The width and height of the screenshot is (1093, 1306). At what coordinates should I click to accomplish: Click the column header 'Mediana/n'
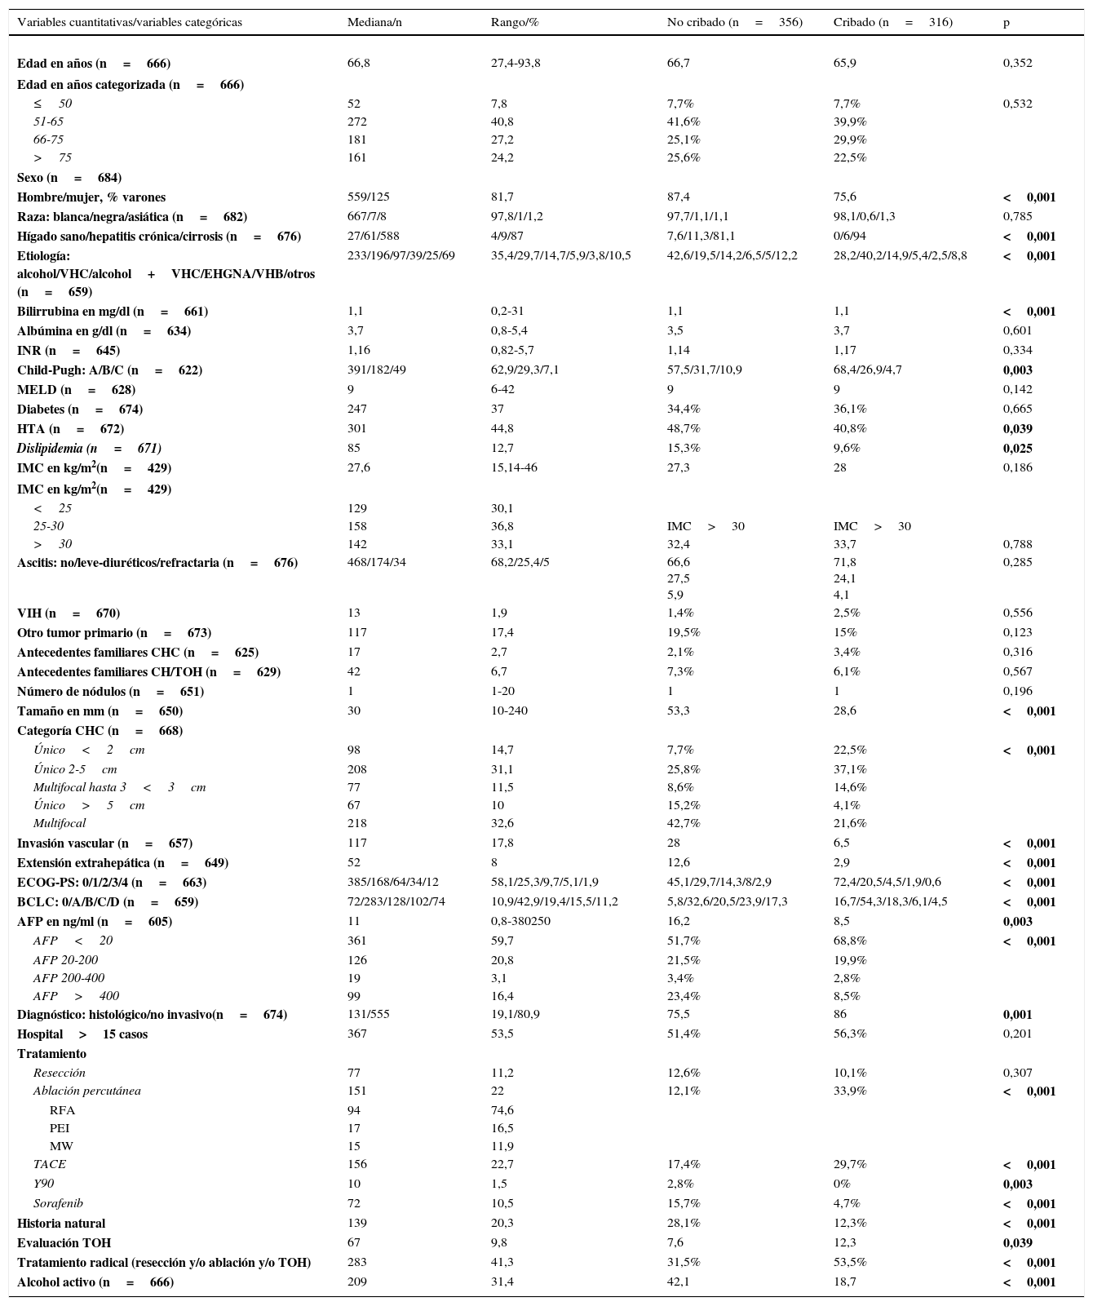374,23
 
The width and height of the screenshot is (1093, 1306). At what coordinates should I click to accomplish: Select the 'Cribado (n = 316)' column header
892,23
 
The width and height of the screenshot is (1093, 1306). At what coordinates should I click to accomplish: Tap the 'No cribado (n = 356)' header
734,23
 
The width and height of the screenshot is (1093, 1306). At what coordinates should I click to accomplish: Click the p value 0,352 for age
1017,63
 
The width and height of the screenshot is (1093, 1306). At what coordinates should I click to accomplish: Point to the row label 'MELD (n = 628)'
76,389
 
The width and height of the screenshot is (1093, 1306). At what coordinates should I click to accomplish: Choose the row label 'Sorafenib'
58,1203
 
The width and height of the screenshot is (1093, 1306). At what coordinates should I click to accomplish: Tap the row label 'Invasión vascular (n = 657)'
104,843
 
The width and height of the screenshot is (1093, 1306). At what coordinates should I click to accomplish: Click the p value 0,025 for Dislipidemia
1017,448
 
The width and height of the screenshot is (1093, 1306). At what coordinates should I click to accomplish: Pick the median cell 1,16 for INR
359,350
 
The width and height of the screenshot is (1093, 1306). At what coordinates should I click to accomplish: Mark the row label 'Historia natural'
61,1223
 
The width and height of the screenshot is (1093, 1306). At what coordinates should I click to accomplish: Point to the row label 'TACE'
49,1164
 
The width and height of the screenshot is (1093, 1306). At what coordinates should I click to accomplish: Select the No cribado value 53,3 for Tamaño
679,711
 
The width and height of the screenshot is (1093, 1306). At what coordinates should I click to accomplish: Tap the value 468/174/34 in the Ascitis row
376,562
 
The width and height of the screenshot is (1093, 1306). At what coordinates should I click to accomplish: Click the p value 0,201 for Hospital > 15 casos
1017,1034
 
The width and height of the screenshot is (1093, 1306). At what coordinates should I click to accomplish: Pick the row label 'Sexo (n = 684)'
69,177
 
